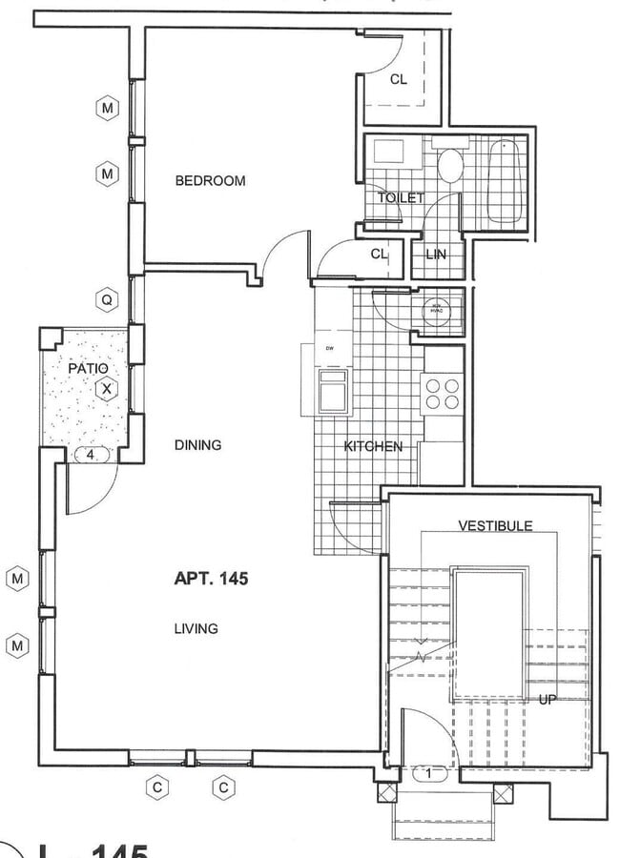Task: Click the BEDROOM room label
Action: point(210,180)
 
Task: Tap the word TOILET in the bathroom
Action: point(401,197)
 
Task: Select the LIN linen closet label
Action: point(436,255)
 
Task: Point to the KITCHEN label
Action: point(373,446)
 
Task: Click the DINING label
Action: point(198,444)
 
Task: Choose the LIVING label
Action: point(196,628)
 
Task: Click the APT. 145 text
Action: point(211,578)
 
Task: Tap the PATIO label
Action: point(88,367)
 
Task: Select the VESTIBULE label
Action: point(495,525)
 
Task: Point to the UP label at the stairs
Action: point(548,699)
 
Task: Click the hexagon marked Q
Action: point(107,300)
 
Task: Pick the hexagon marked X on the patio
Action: point(107,389)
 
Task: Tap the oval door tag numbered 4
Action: point(91,456)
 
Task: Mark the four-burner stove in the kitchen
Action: point(441,394)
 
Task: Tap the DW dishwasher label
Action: point(330,348)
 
